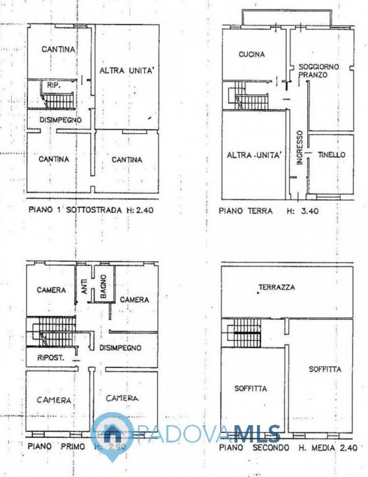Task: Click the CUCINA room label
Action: [x=252, y=54]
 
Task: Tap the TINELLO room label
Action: [x=332, y=154]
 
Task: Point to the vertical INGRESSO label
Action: [x=300, y=148]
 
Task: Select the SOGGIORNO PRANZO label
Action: [x=318, y=70]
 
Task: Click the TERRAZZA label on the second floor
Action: [x=277, y=287]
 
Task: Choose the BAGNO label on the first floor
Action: [x=103, y=287]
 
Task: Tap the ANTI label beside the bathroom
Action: [x=84, y=287]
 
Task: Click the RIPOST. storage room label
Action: [x=51, y=358]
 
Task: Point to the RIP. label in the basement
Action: [x=54, y=86]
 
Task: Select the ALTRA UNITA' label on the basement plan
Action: [x=126, y=70]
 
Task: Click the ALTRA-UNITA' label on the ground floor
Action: [x=253, y=155]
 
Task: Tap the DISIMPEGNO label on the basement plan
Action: [x=61, y=120]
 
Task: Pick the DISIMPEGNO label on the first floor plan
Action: [x=120, y=348]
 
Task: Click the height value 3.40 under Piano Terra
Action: [x=310, y=211]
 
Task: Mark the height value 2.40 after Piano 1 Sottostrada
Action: [x=144, y=210]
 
